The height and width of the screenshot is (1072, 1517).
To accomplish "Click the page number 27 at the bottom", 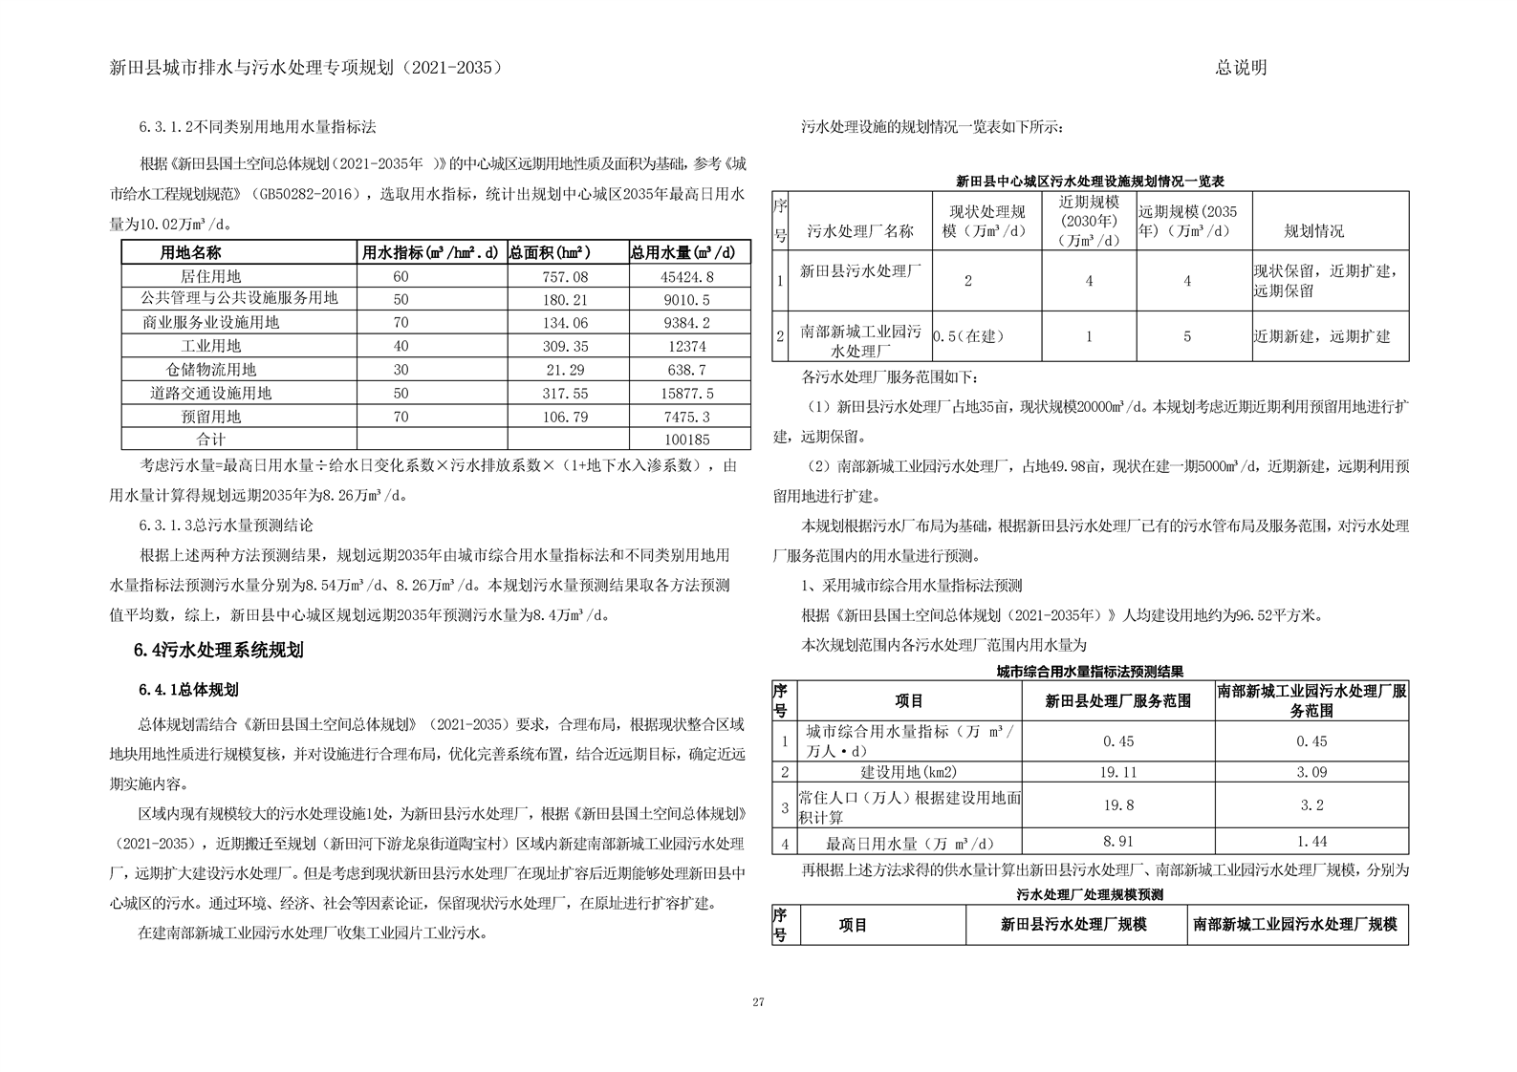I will [x=758, y=1002].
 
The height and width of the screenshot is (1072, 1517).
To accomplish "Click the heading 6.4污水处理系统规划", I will [x=219, y=651].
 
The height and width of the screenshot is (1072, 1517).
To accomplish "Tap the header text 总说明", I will [x=1241, y=68].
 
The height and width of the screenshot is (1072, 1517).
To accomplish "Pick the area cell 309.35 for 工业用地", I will [x=567, y=347].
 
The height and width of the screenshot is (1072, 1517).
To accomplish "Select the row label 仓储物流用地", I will [x=211, y=370].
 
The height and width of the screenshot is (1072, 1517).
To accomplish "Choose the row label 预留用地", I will [x=211, y=417].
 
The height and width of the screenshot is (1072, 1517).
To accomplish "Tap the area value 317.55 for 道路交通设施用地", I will [x=567, y=394].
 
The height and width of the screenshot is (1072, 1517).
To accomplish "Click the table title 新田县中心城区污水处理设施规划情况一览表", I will [x=1090, y=181].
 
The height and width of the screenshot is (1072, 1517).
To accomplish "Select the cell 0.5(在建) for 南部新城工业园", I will [x=969, y=336].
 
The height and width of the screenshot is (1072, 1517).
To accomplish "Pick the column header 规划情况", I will [x=1313, y=231].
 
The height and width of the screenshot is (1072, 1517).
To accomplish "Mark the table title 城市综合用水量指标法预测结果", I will [x=1090, y=672].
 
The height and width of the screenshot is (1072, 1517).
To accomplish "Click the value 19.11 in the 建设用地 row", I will [x=1118, y=772].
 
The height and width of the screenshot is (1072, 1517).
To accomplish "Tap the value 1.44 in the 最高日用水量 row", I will [x=1311, y=842].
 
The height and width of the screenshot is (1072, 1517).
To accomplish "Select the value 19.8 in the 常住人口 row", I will [x=1118, y=805].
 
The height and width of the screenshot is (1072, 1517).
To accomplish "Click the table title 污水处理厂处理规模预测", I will [x=1090, y=894].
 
